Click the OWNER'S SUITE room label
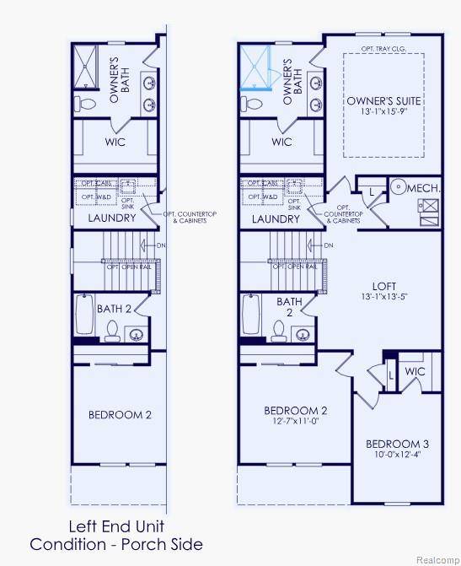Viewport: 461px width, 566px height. click(x=383, y=101)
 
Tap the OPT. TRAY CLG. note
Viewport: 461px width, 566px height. click(x=383, y=49)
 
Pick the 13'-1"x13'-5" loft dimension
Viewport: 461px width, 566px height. click(x=383, y=296)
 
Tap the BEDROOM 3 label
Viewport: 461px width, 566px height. click(x=397, y=444)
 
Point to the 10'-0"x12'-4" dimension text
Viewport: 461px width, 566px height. click(x=397, y=455)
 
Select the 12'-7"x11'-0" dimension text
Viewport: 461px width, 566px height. click(x=295, y=422)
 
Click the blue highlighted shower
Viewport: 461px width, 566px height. click(x=258, y=67)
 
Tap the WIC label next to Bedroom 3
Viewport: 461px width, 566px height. click(x=415, y=371)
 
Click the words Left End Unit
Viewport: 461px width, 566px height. click(x=116, y=527)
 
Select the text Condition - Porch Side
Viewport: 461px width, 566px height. click(x=116, y=544)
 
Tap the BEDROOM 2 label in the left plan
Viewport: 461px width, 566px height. click(x=120, y=414)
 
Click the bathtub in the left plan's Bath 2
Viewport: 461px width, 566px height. click(x=83, y=315)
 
